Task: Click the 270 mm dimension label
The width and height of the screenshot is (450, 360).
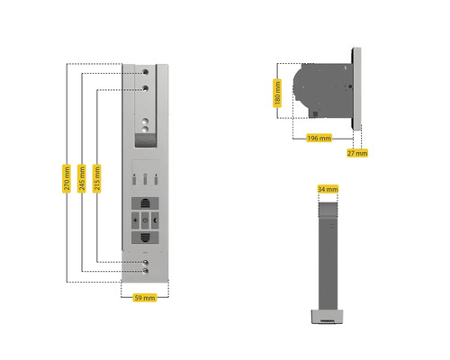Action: tap(67, 178)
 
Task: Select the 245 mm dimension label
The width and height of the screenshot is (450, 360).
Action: tap(82, 178)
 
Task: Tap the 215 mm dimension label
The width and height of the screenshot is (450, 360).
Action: tap(96, 178)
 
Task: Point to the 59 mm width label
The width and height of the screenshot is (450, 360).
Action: tap(145, 298)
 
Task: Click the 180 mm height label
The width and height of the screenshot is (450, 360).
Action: tap(277, 93)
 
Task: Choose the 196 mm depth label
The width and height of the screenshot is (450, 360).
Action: tap(319, 138)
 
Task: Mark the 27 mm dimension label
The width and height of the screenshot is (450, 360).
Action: tap(357, 153)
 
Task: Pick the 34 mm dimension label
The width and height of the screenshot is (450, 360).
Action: tap(328, 189)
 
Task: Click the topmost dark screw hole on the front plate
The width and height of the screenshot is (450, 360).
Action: tap(146, 72)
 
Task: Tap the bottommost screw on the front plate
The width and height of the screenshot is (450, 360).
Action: tap(146, 271)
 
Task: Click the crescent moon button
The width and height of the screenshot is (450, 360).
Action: tap(155, 220)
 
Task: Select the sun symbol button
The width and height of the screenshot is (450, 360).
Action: tap(135, 220)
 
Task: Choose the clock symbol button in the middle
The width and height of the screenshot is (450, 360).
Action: tap(145, 220)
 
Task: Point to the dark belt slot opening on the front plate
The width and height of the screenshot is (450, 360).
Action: tap(146, 140)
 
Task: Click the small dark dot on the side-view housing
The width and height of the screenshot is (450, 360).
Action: tap(350, 86)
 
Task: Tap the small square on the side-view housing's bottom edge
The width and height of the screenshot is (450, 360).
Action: tap(315, 114)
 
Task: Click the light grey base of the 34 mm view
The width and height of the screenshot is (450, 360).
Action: tap(327, 317)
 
